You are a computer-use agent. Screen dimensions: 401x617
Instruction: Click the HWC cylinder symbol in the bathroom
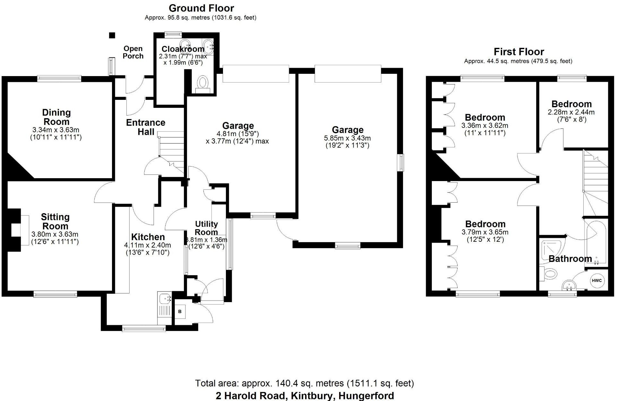(596, 280)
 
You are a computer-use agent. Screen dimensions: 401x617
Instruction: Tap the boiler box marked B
(180, 311)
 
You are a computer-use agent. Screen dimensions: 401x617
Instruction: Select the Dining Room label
(56, 117)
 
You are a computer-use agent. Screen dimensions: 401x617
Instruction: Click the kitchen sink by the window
(165, 299)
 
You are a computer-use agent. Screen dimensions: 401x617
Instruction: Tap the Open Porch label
(133, 52)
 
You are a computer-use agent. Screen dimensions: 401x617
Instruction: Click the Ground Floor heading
(201, 8)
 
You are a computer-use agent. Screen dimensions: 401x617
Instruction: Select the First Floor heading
(518, 52)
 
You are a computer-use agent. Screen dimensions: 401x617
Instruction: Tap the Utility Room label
(206, 228)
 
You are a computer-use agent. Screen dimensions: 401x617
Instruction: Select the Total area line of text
(304, 383)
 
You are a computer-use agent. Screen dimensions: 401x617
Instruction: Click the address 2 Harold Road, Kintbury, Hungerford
(304, 396)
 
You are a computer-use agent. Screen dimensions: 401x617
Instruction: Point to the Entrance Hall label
(146, 127)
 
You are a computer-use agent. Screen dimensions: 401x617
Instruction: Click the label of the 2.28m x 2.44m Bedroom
(571, 104)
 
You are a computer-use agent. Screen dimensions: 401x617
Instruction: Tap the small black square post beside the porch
(112, 35)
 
